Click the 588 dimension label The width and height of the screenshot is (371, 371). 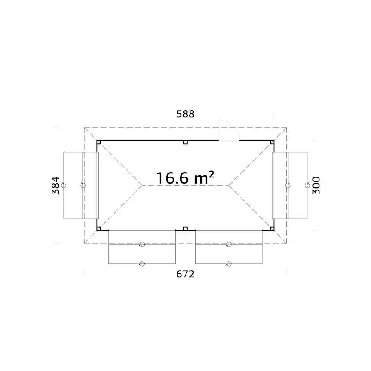click(185, 114)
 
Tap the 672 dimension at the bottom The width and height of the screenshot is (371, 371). click(185, 274)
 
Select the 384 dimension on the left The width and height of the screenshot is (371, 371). click(56, 185)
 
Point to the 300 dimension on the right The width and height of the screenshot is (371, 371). click(316, 185)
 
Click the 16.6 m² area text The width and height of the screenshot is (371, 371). click(185, 178)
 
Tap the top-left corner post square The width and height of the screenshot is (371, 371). click(99, 142)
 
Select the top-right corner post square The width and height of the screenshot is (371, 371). click(272, 142)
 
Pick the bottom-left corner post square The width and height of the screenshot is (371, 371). click(99, 229)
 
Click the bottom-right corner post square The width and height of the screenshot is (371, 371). click(272, 229)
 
